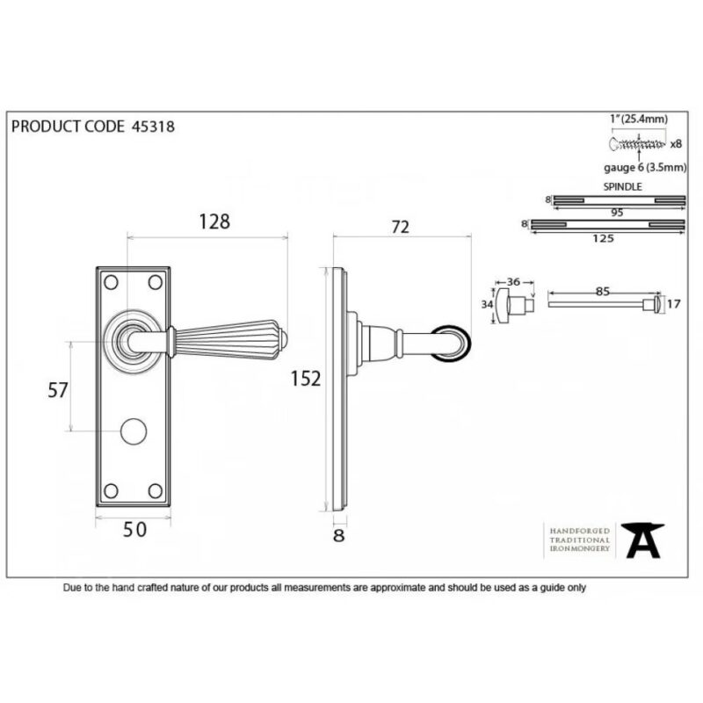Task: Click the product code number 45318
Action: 153,127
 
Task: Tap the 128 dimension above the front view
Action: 214,221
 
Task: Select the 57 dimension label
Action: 58,390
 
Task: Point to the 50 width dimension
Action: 134,530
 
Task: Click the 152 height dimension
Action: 306,379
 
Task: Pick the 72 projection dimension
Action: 401,227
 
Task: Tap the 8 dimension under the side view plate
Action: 339,535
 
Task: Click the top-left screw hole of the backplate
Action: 111,282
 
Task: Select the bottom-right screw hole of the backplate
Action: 156,491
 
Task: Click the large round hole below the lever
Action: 134,431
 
